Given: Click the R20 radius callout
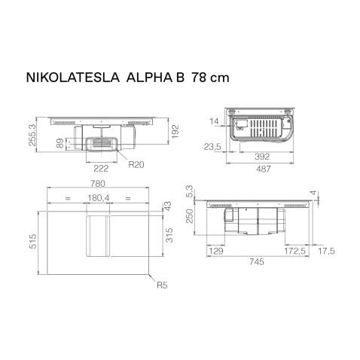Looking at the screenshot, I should tap(136, 163).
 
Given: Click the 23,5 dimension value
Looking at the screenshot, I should tap(212, 147).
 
